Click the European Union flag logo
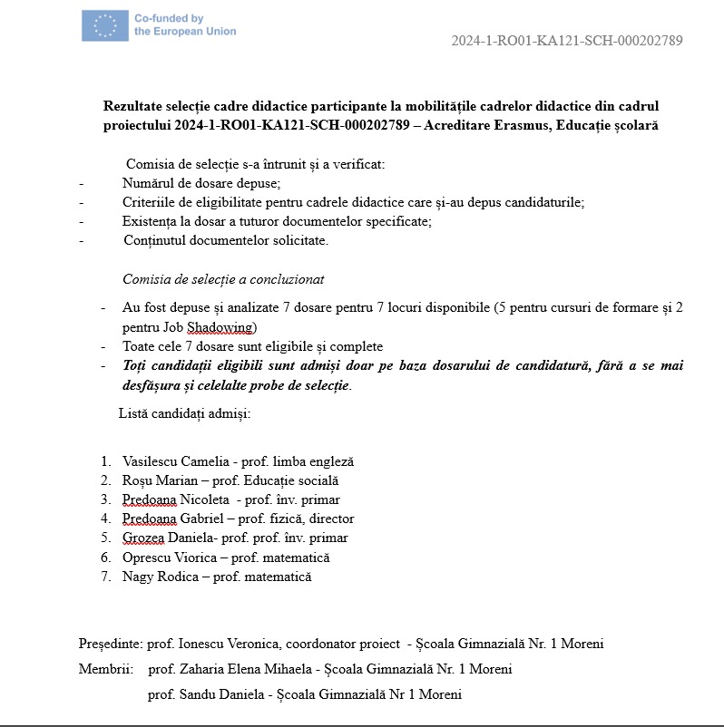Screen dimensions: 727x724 point(104,24)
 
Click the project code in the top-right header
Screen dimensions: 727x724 point(566,41)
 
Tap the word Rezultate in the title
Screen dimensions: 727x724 point(133,106)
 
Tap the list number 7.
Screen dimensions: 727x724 point(105,577)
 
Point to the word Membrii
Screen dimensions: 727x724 point(105,670)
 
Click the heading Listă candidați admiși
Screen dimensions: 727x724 point(184,413)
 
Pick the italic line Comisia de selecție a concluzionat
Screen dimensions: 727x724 point(223,279)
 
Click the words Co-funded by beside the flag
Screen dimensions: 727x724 point(169,18)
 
